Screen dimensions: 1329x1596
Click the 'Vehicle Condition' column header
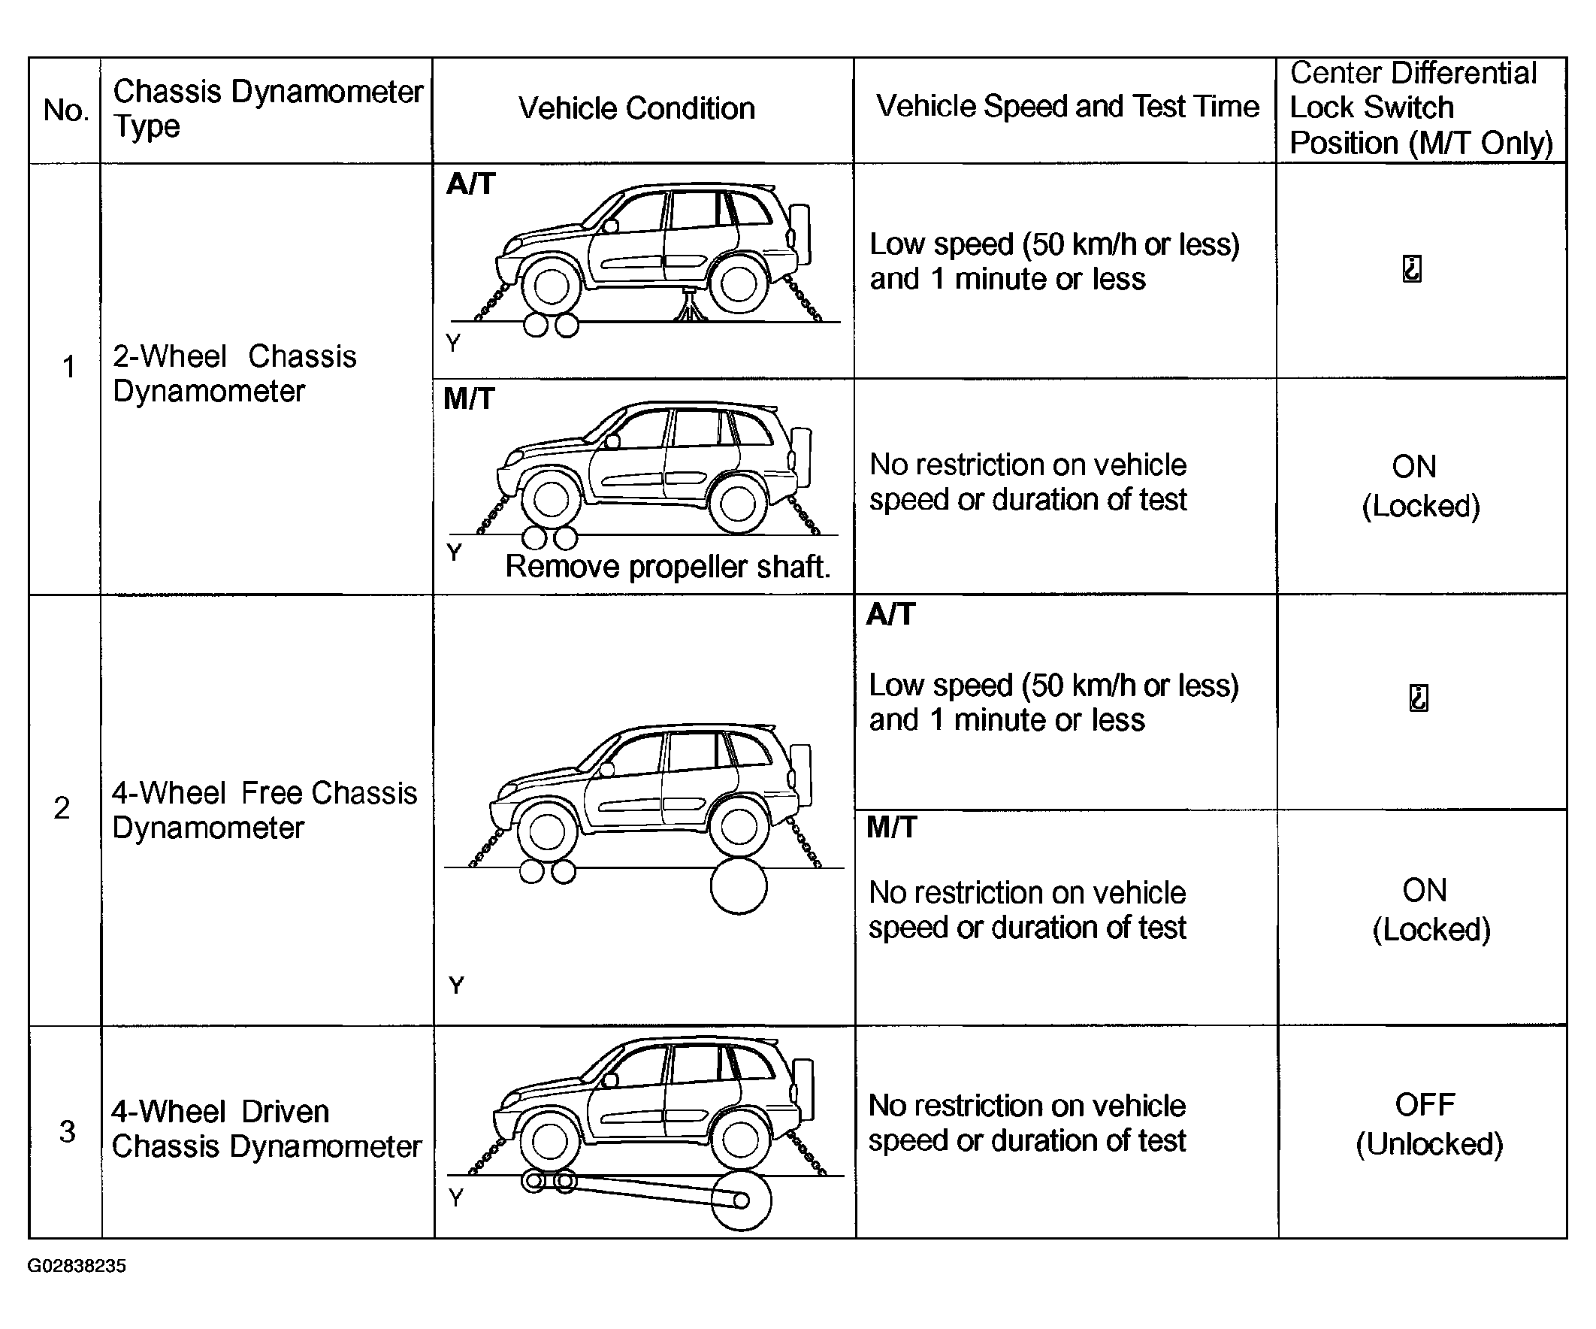click(636, 109)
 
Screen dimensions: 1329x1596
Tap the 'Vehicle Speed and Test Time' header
click(1067, 107)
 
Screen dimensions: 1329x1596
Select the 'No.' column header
click(65, 111)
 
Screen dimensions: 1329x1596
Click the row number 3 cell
click(67, 1131)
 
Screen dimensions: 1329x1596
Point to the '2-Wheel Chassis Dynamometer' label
click(234, 374)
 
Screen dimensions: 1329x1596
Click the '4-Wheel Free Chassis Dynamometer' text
click(264, 810)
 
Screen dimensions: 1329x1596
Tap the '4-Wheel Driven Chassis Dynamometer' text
click(265, 1129)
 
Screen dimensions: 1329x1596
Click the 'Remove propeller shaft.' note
click(667, 567)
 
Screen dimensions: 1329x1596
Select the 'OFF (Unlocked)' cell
click(1428, 1124)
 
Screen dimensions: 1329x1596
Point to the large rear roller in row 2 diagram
click(739, 886)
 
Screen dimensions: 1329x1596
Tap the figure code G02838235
click(77, 1266)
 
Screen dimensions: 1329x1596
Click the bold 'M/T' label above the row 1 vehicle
click(469, 398)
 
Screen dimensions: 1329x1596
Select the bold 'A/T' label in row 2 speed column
click(890, 614)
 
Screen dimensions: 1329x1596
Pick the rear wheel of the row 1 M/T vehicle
click(736, 504)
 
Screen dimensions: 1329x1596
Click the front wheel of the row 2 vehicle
click(546, 834)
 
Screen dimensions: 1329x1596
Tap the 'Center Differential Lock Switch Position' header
click(1420, 109)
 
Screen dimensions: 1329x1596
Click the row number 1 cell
click(68, 368)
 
